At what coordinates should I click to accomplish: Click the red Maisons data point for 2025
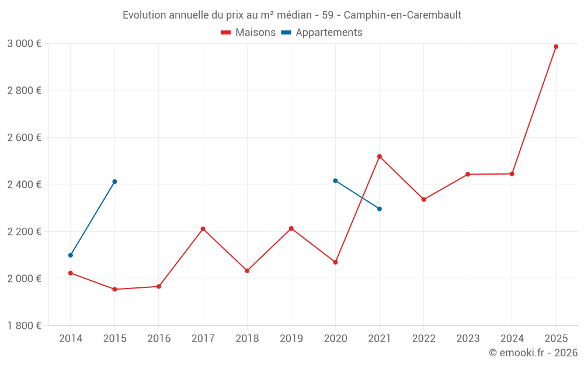pyautogui.click(x=556, y=47)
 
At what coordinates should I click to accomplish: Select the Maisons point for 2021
pyautogui.click(x=380, y=157)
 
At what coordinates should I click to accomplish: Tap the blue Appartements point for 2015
pyautogui.click(x=114, y=182)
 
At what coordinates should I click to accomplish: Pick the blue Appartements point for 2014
pyautogui.click(x=71, y=255)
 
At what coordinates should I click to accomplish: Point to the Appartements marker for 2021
pyautogui.click(x=380, y=209)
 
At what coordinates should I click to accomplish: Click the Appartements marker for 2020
pyautogui.click(x=335, y=180)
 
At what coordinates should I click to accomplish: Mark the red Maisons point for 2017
pyautogui.click(x=203, y=229)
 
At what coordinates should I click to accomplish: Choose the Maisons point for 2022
pyautogui.click(x=423, y=200)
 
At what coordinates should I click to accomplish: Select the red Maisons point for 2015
pyautogui.click(x=114, y=289)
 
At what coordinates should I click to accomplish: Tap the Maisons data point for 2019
pyautogui.click(x=291, y=228)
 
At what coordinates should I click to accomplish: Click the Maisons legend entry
pyautogui.click(x=248, y=33)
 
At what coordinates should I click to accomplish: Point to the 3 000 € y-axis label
pyautogui.click(x=24, y=44)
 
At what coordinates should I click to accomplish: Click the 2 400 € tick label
pyautogui.click(x=24, y=185)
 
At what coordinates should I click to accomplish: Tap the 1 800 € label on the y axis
pyautogui.click(x=24, y=326)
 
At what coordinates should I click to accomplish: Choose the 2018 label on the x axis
pyautogui.click(x=247, y=339)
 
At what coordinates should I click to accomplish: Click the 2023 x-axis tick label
pyautogui.click(x=468, y=339)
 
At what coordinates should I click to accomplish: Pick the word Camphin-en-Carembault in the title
pyautogui.click(x=402, y=15)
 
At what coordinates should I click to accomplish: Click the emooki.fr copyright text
pyautogui.click(x=533, y=353)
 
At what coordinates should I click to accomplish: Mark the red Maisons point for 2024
pyautogui.click(x=512, y=173)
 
